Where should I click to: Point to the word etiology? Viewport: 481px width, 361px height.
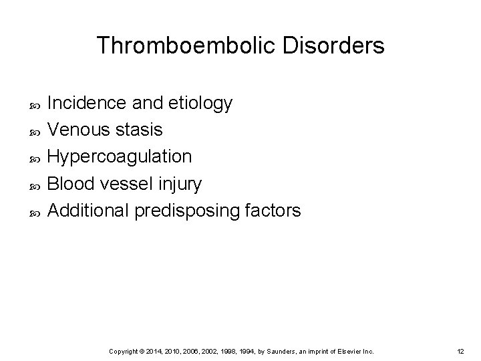[x=201, y=103]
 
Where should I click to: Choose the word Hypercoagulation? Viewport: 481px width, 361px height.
[x=121, y=157]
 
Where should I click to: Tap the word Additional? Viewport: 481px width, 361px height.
[x=89, y=211]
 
